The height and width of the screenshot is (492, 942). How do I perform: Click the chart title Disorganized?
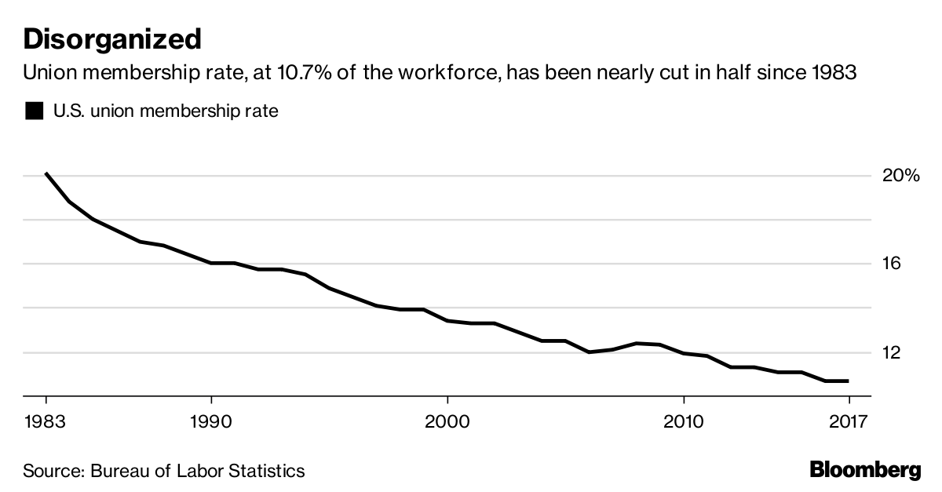click(x=112, y=38)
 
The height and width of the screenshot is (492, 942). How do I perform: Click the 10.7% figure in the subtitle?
click(x=287, y=73)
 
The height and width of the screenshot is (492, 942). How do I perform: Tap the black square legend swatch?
click(x=34, y=111)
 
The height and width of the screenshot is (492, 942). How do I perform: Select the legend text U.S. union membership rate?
click(x=166, y=111)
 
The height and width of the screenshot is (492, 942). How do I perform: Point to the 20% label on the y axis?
click(x=900, y=175)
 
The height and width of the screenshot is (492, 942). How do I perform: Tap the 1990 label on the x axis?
click(x=211, y=421)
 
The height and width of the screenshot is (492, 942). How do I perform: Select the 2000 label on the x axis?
click(x=447, y=421)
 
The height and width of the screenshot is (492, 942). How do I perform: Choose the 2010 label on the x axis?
click(x=684, y=421)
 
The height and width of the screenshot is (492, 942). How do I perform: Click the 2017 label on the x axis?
click(x=849, y=421)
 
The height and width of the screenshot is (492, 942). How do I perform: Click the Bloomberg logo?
click(x=865, y=471)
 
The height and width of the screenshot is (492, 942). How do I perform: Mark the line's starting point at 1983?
click(x=46, y=173)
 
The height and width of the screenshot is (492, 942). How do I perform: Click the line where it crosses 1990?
click(x=211, y=263)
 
